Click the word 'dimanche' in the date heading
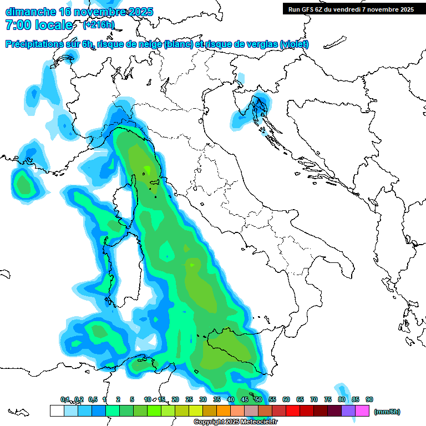[31, 12]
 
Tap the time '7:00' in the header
[17, 24]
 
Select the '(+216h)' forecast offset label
[99, 24]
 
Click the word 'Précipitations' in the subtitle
[36, 44]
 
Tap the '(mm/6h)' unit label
[387, 412]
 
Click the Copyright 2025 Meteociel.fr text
[235, 422]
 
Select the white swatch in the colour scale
[57, 410]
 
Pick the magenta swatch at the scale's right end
[362, 410]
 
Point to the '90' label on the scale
[369, 399]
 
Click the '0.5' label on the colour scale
[93, 399]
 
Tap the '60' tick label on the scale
[286, 399]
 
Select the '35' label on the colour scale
[217, 399]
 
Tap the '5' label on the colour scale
[132, 399]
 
